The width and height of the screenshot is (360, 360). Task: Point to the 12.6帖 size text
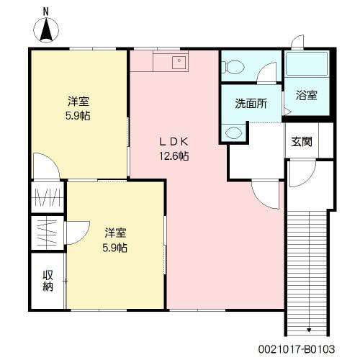pos(174,156)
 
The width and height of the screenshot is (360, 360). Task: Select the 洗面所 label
pos(251,102)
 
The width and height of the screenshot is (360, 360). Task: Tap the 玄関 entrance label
pos(302,142)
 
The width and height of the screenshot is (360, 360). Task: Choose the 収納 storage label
pos(48,281)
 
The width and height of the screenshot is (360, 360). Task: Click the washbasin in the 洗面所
pos(233,132)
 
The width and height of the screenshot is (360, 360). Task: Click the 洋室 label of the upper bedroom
pos(79,100)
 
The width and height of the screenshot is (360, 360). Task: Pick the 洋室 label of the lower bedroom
pos(115,233)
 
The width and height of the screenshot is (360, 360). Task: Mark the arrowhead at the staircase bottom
pos(309,330)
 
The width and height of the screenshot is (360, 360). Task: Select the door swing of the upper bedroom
pos(45,166)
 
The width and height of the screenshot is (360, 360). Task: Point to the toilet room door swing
pos(268,72)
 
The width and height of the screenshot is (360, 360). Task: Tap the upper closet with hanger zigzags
pos(48,197)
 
